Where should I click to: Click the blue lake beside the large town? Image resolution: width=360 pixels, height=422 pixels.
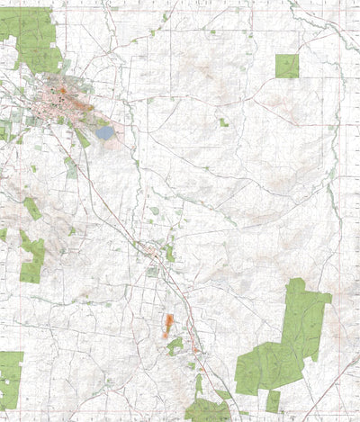click(105, 132)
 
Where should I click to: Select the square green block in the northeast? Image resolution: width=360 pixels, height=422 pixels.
click(287, 66)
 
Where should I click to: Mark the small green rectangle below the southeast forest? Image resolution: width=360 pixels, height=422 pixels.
click(273, 401)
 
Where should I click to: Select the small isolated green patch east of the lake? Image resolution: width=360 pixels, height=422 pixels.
click(222, 122)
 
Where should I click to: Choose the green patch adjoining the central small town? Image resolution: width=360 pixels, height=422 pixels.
click(169, 253)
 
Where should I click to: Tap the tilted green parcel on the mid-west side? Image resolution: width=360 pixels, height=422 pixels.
click(32, 209)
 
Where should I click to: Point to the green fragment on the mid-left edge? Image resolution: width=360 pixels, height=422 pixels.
click(3, 234)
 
